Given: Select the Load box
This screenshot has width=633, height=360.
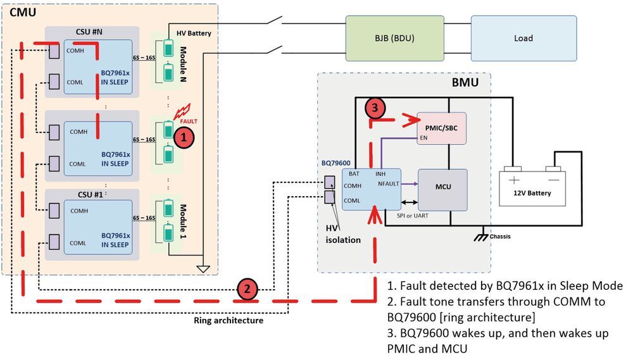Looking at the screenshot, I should click(523, 38).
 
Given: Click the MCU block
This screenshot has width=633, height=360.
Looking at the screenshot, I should click(442, 189).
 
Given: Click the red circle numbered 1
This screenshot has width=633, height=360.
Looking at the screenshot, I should click(183, 135).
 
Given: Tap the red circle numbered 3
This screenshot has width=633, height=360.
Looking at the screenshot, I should click(375, 109).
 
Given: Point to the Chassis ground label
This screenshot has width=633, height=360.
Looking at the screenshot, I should click(500, 237).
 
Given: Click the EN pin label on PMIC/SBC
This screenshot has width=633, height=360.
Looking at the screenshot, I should click(423, 137).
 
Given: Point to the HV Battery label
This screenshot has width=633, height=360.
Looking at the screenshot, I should click(194, 33).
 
